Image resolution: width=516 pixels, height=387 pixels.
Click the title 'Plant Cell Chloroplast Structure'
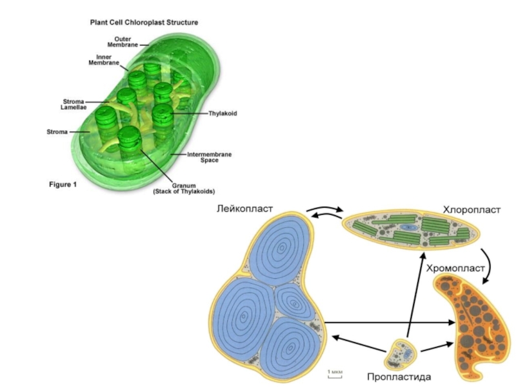point(143,22)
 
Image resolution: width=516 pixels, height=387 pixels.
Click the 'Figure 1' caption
point(63,185)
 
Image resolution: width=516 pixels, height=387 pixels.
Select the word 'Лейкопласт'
point(245,209)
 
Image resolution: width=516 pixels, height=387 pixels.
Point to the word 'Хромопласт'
point(454,267)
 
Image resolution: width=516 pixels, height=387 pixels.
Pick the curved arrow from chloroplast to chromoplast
point(490,263)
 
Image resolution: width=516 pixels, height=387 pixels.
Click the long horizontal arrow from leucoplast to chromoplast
point(387,322)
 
